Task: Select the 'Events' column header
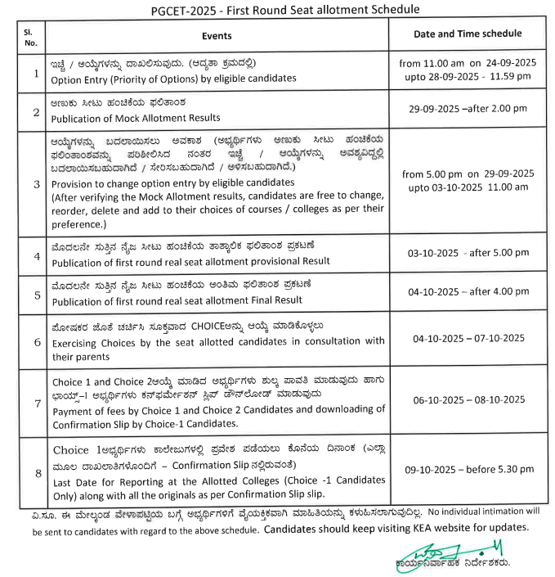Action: click(x=217, y=36)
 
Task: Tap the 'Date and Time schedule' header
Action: click(x=467, y=34)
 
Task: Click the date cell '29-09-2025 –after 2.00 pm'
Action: click(x=467, y=108)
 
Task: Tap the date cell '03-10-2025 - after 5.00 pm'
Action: click(x=467, y=255)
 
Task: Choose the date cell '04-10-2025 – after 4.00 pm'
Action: click(x=467, y=291)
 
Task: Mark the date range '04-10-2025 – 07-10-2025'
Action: click(x=467, y=337)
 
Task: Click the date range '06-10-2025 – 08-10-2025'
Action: click(x=467, y=399)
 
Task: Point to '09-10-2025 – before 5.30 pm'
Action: click(x=467, y=471)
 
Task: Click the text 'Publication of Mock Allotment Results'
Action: click(x=136, y=118)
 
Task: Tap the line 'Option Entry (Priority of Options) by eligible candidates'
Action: click(x=173, y=80)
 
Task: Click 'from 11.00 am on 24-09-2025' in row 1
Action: click(x=467, y=63)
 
